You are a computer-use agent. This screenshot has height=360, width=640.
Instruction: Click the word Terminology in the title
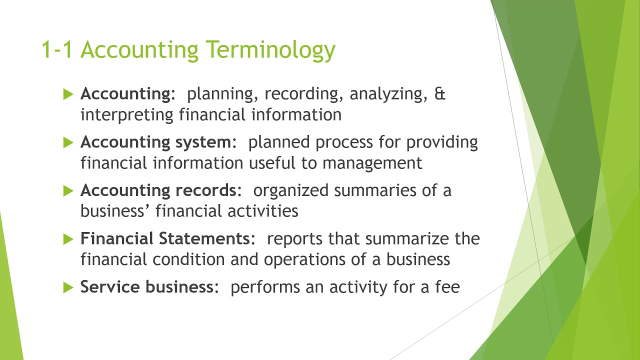tap(270, 50)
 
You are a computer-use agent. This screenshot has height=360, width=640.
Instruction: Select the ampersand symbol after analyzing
tap(440, 94)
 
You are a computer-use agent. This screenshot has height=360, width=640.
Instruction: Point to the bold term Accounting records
tap(157, 190)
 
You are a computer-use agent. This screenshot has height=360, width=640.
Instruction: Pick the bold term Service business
tap(147, 287)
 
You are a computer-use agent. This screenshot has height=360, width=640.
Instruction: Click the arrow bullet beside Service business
tap(68, 287)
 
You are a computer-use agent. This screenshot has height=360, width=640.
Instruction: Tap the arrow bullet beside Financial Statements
tap(68, 239)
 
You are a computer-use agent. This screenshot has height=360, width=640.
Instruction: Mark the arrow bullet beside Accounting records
tap(68, 190)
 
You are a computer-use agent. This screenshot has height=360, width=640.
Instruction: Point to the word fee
tap(447, 287)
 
